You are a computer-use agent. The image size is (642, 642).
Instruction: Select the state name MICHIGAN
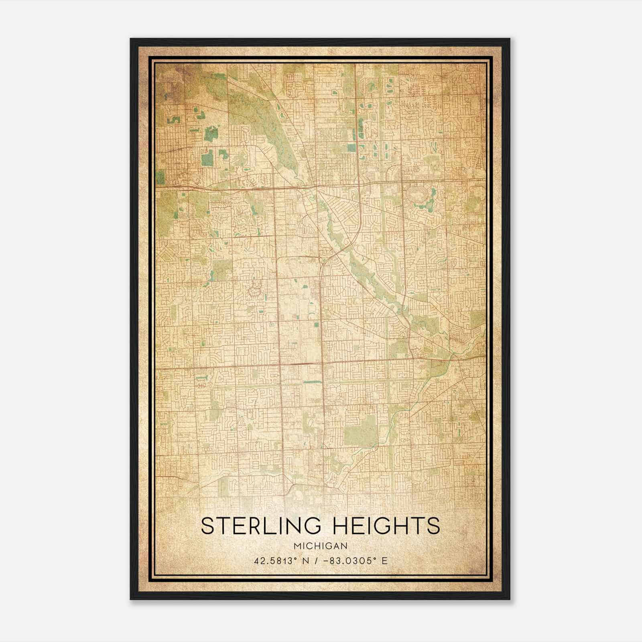click(x=320, y=546)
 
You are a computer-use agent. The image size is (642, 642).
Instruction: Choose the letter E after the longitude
click(x=384, y=561)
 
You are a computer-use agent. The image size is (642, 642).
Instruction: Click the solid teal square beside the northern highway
click(x=351, y=148)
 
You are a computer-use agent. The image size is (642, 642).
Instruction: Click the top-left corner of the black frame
click(x=131, y=39)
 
